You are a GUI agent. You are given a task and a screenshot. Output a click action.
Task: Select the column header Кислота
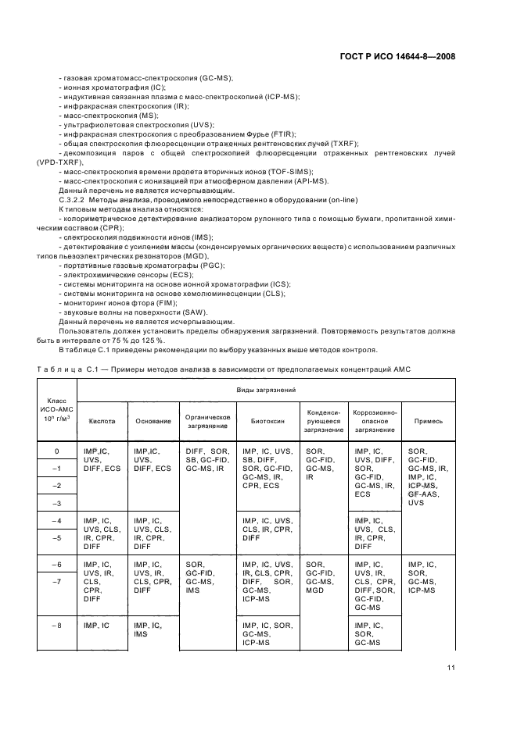tap(102, 421)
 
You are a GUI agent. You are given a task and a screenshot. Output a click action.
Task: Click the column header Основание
tap(153, 421)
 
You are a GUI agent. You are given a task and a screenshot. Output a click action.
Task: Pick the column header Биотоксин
tap(266, 421)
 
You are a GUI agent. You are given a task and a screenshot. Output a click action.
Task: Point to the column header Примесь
tap(429, 421)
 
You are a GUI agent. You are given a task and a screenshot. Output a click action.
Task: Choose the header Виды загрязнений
tap(266, 388)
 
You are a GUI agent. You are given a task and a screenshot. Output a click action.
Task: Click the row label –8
tap(56, 626)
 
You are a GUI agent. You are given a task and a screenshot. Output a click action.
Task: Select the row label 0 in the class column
tap(56, 451)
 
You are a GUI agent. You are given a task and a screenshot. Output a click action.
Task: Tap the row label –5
tap(56, 538)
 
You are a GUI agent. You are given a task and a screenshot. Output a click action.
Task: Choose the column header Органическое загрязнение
tap(206, 421)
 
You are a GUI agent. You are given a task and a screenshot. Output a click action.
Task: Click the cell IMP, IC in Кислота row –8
tap(97, 626)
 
